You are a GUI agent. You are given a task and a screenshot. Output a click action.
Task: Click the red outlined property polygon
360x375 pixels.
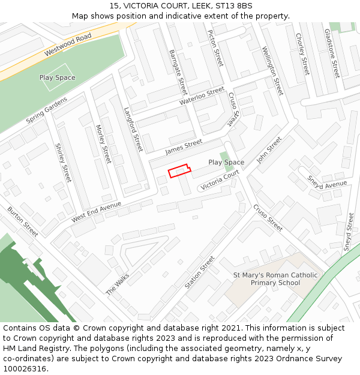click(x=179, y=171)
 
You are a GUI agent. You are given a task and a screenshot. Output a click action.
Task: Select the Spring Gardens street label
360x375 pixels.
click(x=47, y=112)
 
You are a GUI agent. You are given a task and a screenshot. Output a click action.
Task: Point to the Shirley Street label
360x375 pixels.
click(x=62, y=163)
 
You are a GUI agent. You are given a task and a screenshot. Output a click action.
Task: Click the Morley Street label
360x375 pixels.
click(x=103, y=144)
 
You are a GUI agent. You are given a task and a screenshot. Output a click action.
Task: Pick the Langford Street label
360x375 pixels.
click(x=133, y=129)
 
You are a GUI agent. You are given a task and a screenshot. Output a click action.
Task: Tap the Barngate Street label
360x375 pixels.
click(x=178, y=72)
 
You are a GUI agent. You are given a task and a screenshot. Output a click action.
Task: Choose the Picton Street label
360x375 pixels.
click(x=215, y=47)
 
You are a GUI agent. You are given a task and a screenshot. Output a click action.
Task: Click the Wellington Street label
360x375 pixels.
click(x=272, y=71)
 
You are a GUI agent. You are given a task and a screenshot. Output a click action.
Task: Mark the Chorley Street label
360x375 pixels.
click(x=302, y=53)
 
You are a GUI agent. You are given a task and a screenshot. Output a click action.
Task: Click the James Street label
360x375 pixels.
click(x=184, y=145)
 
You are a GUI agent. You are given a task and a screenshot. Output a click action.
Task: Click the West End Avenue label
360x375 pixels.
click(x=96, y=212)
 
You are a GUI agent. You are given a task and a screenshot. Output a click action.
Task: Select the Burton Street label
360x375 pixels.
click(x=22, y=221)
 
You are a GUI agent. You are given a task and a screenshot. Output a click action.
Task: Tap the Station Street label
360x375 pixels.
click(x=200, y=272)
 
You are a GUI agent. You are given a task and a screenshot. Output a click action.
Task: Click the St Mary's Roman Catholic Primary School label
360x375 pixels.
click(x=275, y=279)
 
